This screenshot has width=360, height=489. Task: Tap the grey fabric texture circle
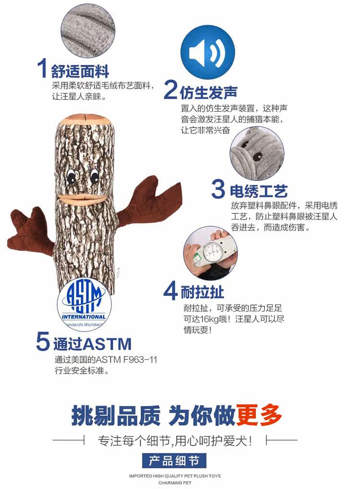[x=88, y=31]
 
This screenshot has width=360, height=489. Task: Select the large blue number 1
[x=43, y=68]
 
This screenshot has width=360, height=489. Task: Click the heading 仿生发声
[x=208, y=92]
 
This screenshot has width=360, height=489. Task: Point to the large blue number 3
[x=218, y=189]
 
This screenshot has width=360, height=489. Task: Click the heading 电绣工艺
[x=259, y=191]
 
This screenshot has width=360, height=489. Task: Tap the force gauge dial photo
[x=210, y=253]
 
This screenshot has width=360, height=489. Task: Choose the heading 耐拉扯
[x=202, y=292]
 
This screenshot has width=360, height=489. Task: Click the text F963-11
[x=140, y=360]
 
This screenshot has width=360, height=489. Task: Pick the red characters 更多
[x=259, y=415]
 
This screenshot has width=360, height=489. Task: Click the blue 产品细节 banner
[x=174, y=460]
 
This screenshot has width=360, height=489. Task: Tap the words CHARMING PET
[x=175, y=483]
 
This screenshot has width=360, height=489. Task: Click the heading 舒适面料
[x=80, y=71]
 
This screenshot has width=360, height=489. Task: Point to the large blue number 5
[x=43, y=342]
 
